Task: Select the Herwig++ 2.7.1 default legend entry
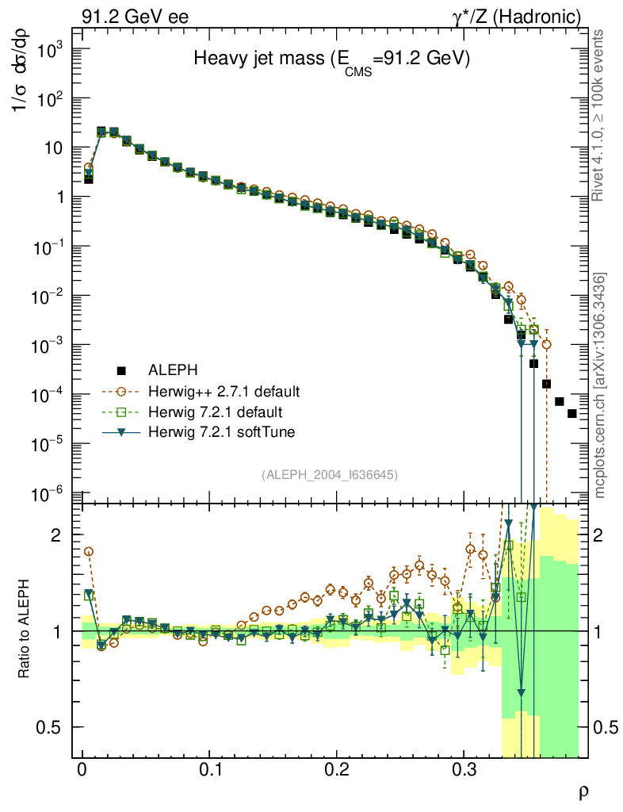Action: click(x=224, y=392)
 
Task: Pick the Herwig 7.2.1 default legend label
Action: click(x=216, y=412)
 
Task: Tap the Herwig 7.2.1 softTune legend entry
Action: click(x=220, y=432)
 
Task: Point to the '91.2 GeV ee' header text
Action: click(x=135, y=16)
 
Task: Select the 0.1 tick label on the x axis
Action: click(x=209, y=771)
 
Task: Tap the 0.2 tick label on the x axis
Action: click(x=337, y=771)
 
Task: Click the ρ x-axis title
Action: click(x=583, y=791)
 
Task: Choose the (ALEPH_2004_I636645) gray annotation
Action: click(x=329, y=474)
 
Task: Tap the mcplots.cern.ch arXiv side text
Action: click(x=600, y=385)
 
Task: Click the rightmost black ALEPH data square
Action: click(x=571, y=414)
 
